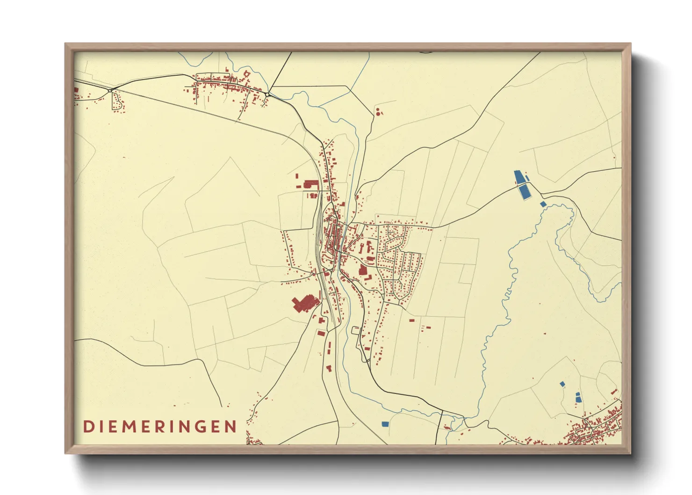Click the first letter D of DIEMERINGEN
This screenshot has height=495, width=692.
(87, 427)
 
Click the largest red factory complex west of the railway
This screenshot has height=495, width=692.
(304, 303)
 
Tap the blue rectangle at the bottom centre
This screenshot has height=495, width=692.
(385, 424)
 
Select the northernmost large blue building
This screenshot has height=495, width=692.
(519, 177)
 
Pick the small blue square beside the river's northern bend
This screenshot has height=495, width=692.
(543, 204)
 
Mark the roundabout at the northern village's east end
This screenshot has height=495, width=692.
(267, 95)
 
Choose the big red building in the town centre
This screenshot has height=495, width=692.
(362, 270)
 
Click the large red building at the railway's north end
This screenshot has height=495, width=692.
(311, 184)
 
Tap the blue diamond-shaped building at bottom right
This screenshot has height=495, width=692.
(562, 384)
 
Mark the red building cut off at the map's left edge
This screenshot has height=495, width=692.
(76, 90)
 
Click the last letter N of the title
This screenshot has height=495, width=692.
(230, 427)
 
